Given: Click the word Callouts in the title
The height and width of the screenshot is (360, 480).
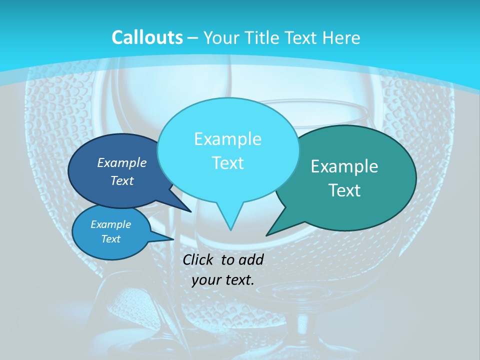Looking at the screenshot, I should (x=147, y=37).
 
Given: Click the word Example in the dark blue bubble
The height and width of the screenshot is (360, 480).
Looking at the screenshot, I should (x=122, y=162).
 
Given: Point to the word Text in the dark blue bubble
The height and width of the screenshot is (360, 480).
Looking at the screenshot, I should (x=122, y=180).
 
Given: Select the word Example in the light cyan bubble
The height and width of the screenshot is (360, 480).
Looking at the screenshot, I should (x=227, y=139).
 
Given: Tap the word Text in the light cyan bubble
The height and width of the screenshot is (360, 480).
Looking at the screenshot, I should (x=227, y=163).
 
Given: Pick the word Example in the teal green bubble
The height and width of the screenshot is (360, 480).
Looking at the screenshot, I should (x=344, y=166).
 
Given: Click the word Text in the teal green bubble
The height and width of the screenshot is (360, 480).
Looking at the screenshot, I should (x=344, y=190).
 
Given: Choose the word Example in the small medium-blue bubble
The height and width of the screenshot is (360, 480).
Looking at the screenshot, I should (x=110, y=224).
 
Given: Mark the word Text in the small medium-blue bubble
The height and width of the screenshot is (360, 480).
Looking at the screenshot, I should (x=110, y=239).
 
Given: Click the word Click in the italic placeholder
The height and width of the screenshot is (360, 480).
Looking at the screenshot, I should (x=198, y=259).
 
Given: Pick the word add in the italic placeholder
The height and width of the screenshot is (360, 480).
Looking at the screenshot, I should (x=252, y=259).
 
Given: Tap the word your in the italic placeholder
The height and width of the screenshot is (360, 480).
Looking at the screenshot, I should (x=205, y=279).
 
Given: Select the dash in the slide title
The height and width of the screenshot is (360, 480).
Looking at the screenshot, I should (x=193, y=38).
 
